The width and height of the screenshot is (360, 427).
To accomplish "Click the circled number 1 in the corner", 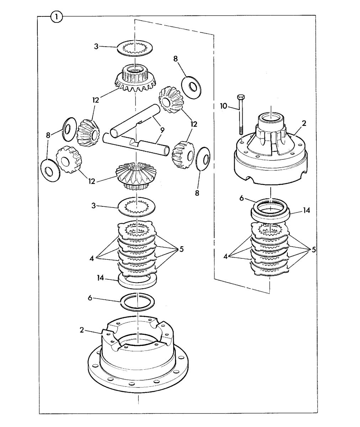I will point(57,17).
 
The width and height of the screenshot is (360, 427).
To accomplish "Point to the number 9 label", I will point(162,131).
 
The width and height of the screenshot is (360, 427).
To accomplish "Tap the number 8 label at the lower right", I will point(197,193).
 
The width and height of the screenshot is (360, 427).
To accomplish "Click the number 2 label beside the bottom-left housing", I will point(82,330).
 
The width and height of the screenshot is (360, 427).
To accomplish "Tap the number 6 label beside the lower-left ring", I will point(90,298).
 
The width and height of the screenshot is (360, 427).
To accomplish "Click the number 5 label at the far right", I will point(313,249).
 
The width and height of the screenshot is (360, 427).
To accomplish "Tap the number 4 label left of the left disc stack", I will point(91,259).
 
